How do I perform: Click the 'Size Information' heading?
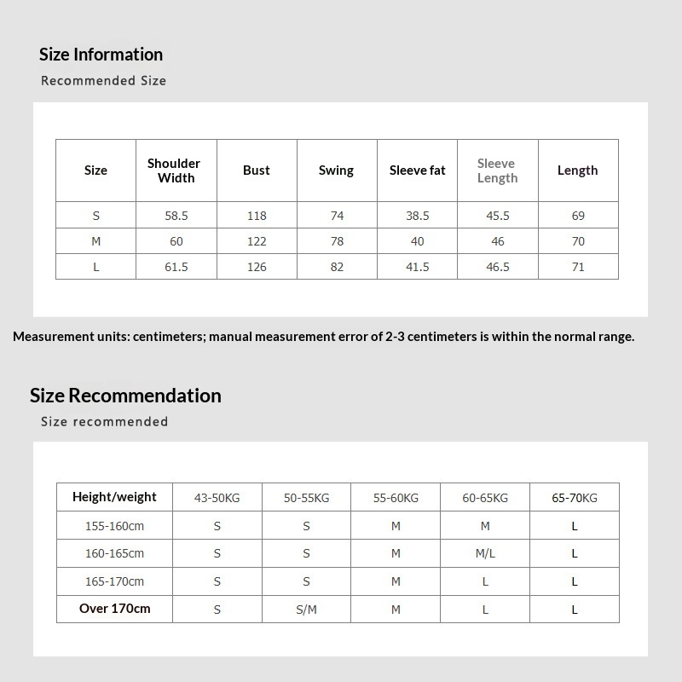101,55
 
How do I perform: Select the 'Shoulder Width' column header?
174,170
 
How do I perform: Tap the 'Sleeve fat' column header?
418,170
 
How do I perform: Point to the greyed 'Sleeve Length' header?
497,170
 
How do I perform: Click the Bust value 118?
257,216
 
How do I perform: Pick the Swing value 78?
337,241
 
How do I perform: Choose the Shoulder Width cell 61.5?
176,267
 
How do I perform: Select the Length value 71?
578,267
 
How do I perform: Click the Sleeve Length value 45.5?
498,216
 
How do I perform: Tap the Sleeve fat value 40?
418,241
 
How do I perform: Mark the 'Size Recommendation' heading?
125,396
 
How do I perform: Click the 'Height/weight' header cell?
114,497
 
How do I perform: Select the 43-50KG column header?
217,498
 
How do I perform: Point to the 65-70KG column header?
575,498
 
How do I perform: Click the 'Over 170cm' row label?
114,609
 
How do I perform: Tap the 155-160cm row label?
114,526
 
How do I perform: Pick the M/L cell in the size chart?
485,553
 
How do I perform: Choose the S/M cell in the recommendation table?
306,610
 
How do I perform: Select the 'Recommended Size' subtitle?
103,81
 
